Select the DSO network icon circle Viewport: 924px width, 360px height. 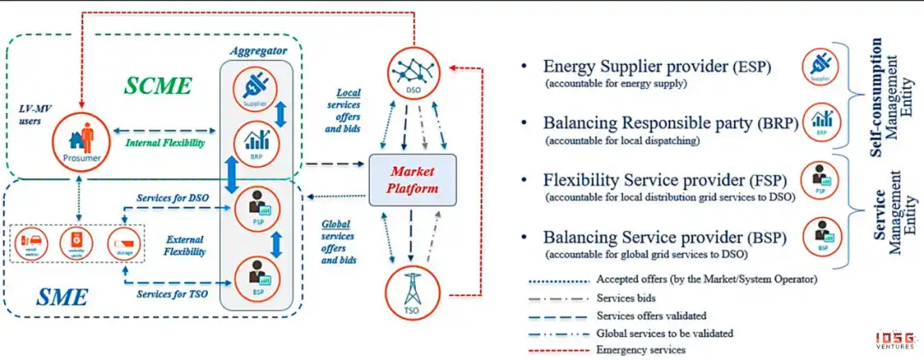[x=413, y=71]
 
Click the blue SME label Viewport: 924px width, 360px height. [x=62, y=298]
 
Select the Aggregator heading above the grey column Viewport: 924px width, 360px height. [x=258, y=51]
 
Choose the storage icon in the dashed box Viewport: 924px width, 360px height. [x=126, y=245]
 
